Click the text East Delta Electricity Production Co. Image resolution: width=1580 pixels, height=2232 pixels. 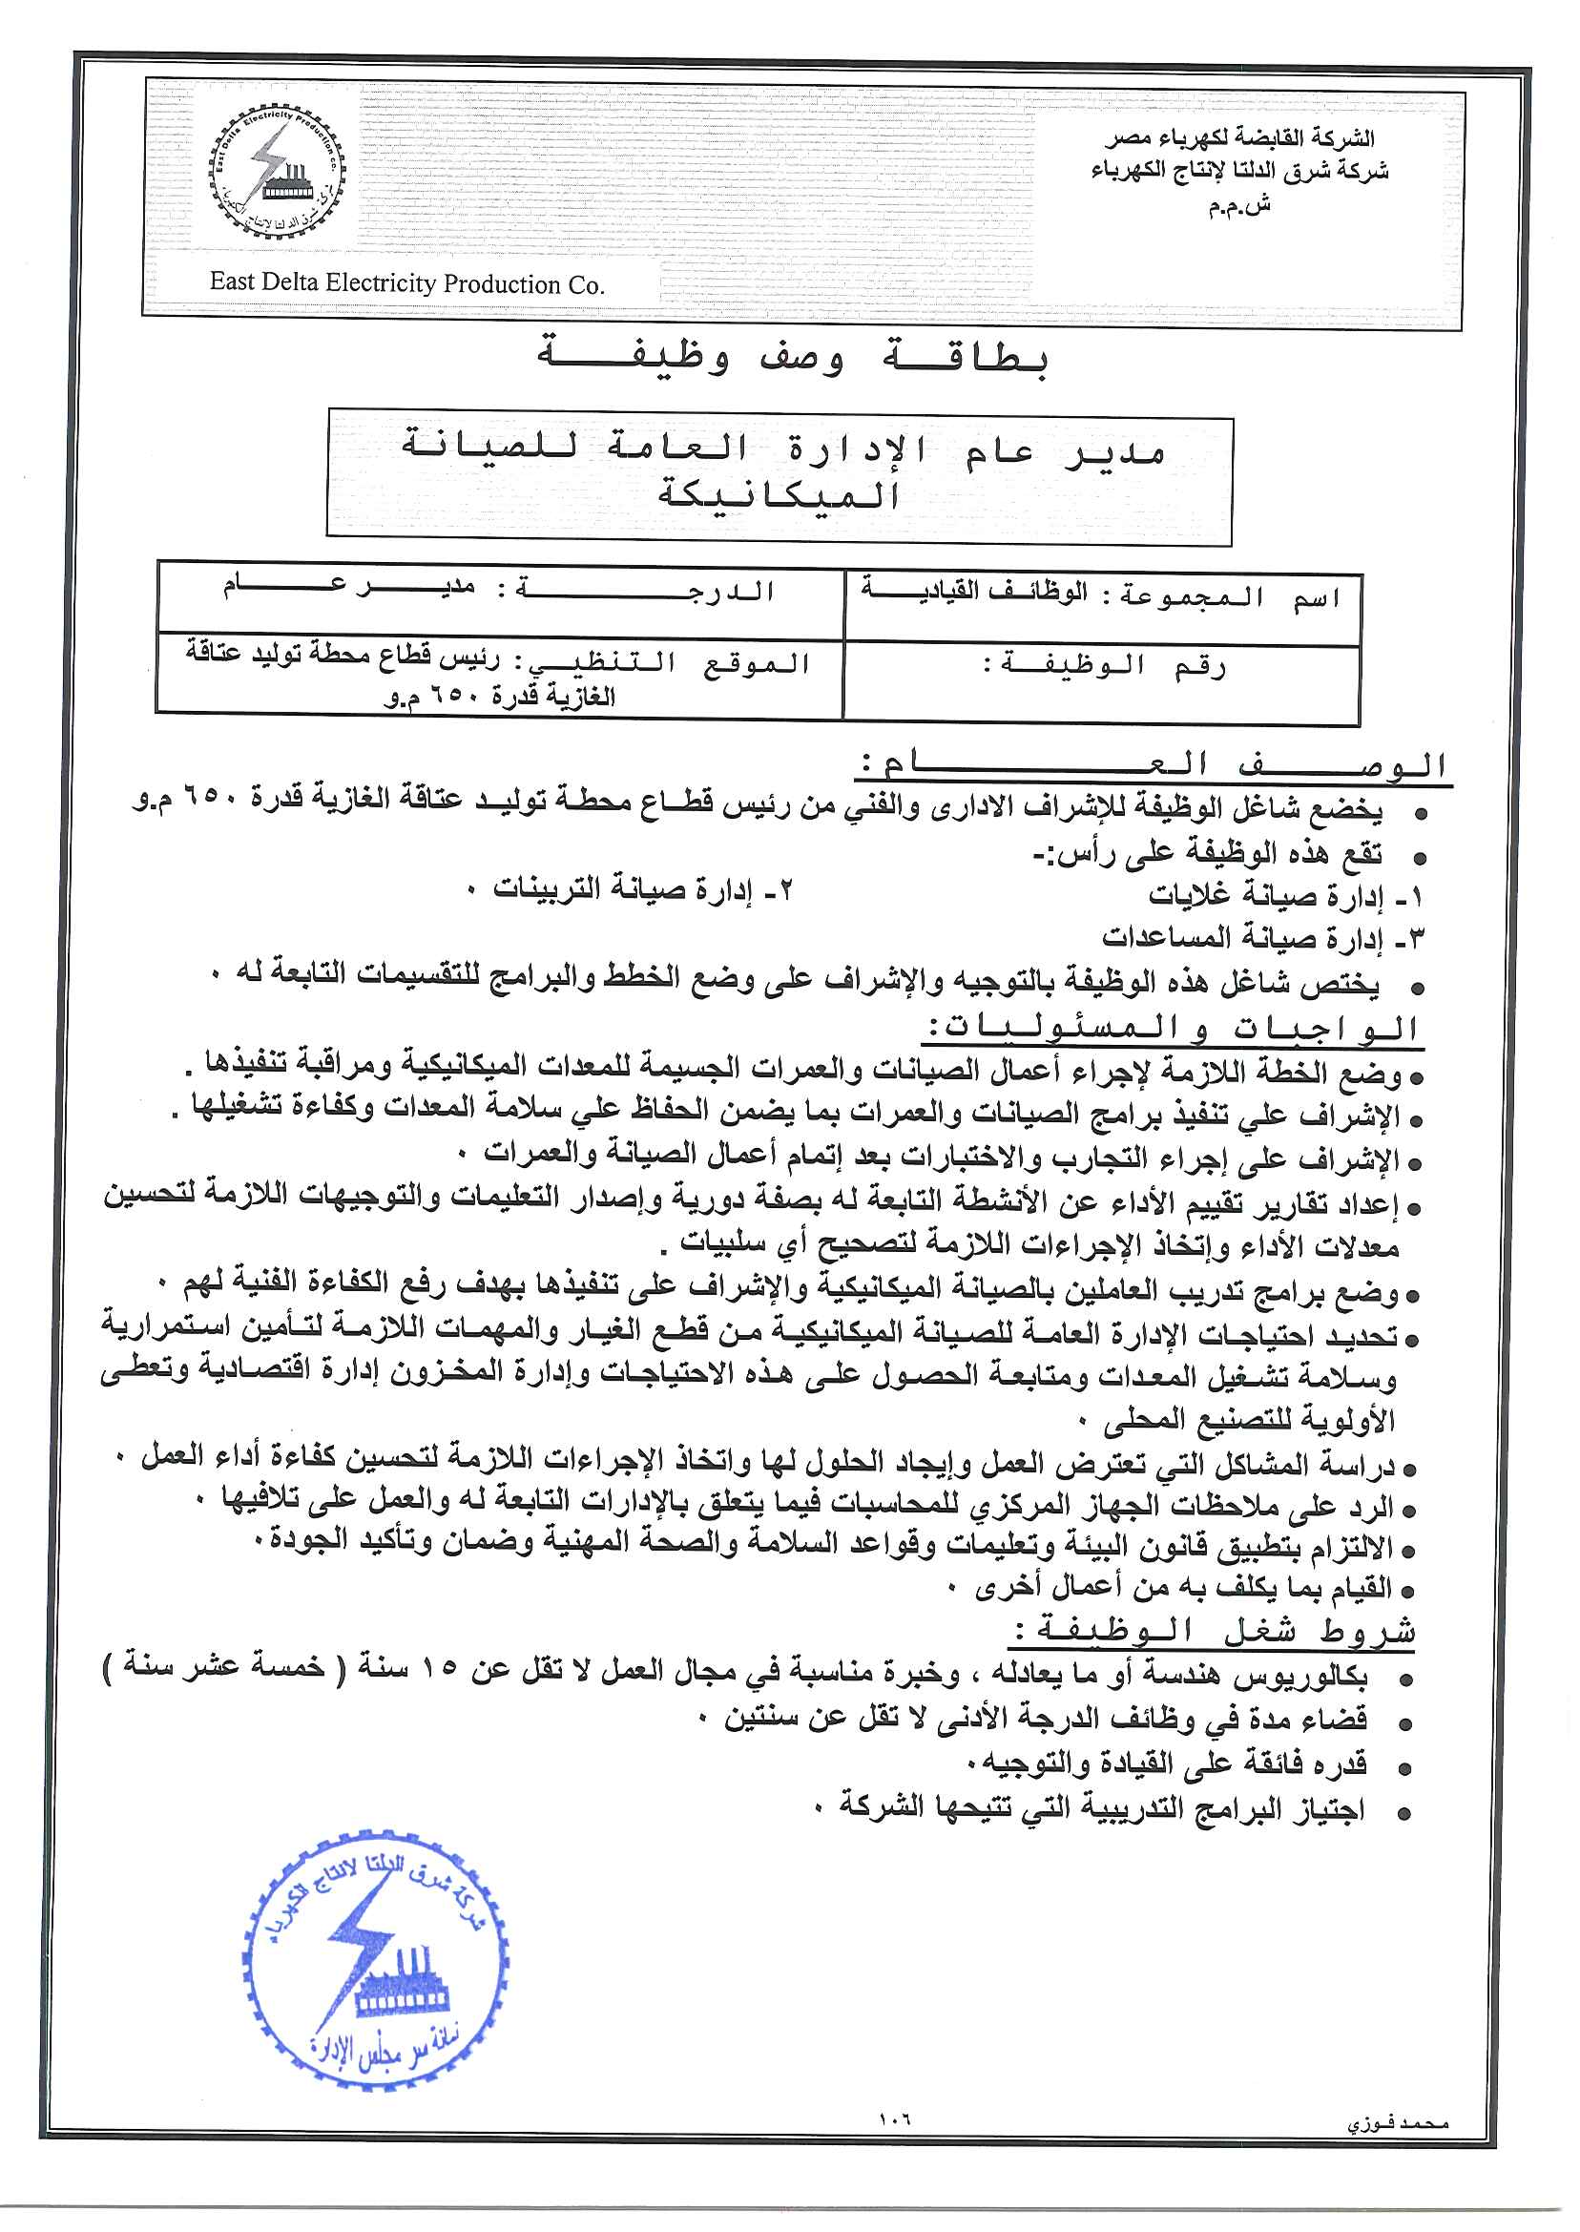[x=406, y=283]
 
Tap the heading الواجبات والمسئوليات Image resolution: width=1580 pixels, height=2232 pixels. [x=1174, y=1029]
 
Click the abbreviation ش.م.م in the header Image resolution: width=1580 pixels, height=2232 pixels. [x=1239, y=206]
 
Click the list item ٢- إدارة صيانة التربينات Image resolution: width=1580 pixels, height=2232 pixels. [x=643, y=889]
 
